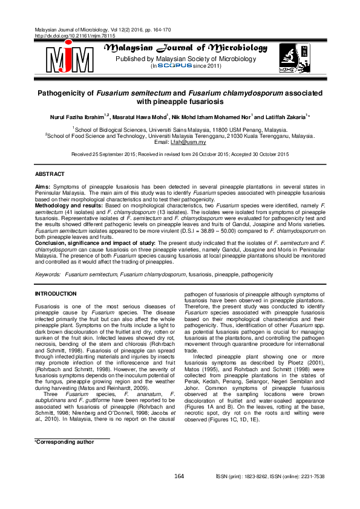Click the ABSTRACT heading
click(x=51, y=174)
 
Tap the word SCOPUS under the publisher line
click(x=174, y=66)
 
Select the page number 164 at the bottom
click(x=178, y=477)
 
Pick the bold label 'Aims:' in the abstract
click(x=43, y=187)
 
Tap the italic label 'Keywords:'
click(x=48, y=274)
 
